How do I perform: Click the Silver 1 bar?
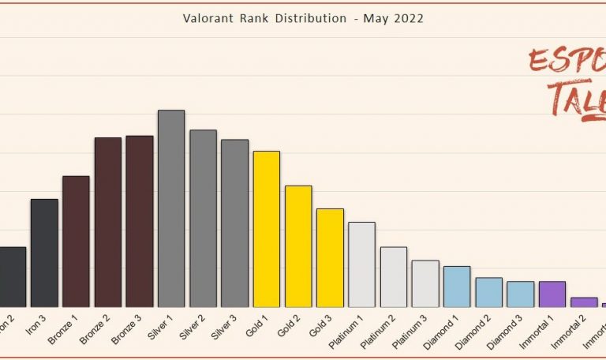pos(171,208)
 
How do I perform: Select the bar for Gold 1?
pos(266,229)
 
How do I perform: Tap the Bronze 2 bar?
pos(108,222)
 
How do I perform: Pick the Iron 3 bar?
pos(44,253)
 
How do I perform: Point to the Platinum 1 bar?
pos(361,264)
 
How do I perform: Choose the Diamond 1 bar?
pos(457,286)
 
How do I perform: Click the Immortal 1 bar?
pos(552,294)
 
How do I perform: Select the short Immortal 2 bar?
pos(584,302)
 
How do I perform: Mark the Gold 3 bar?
pos(330,257)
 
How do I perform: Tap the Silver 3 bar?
pos(234,223)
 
